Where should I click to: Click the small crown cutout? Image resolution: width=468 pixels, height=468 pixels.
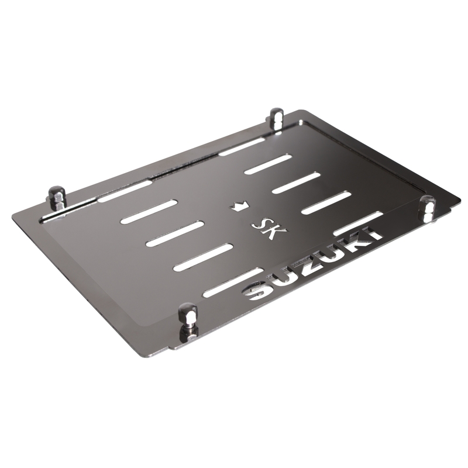click(240, 205)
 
